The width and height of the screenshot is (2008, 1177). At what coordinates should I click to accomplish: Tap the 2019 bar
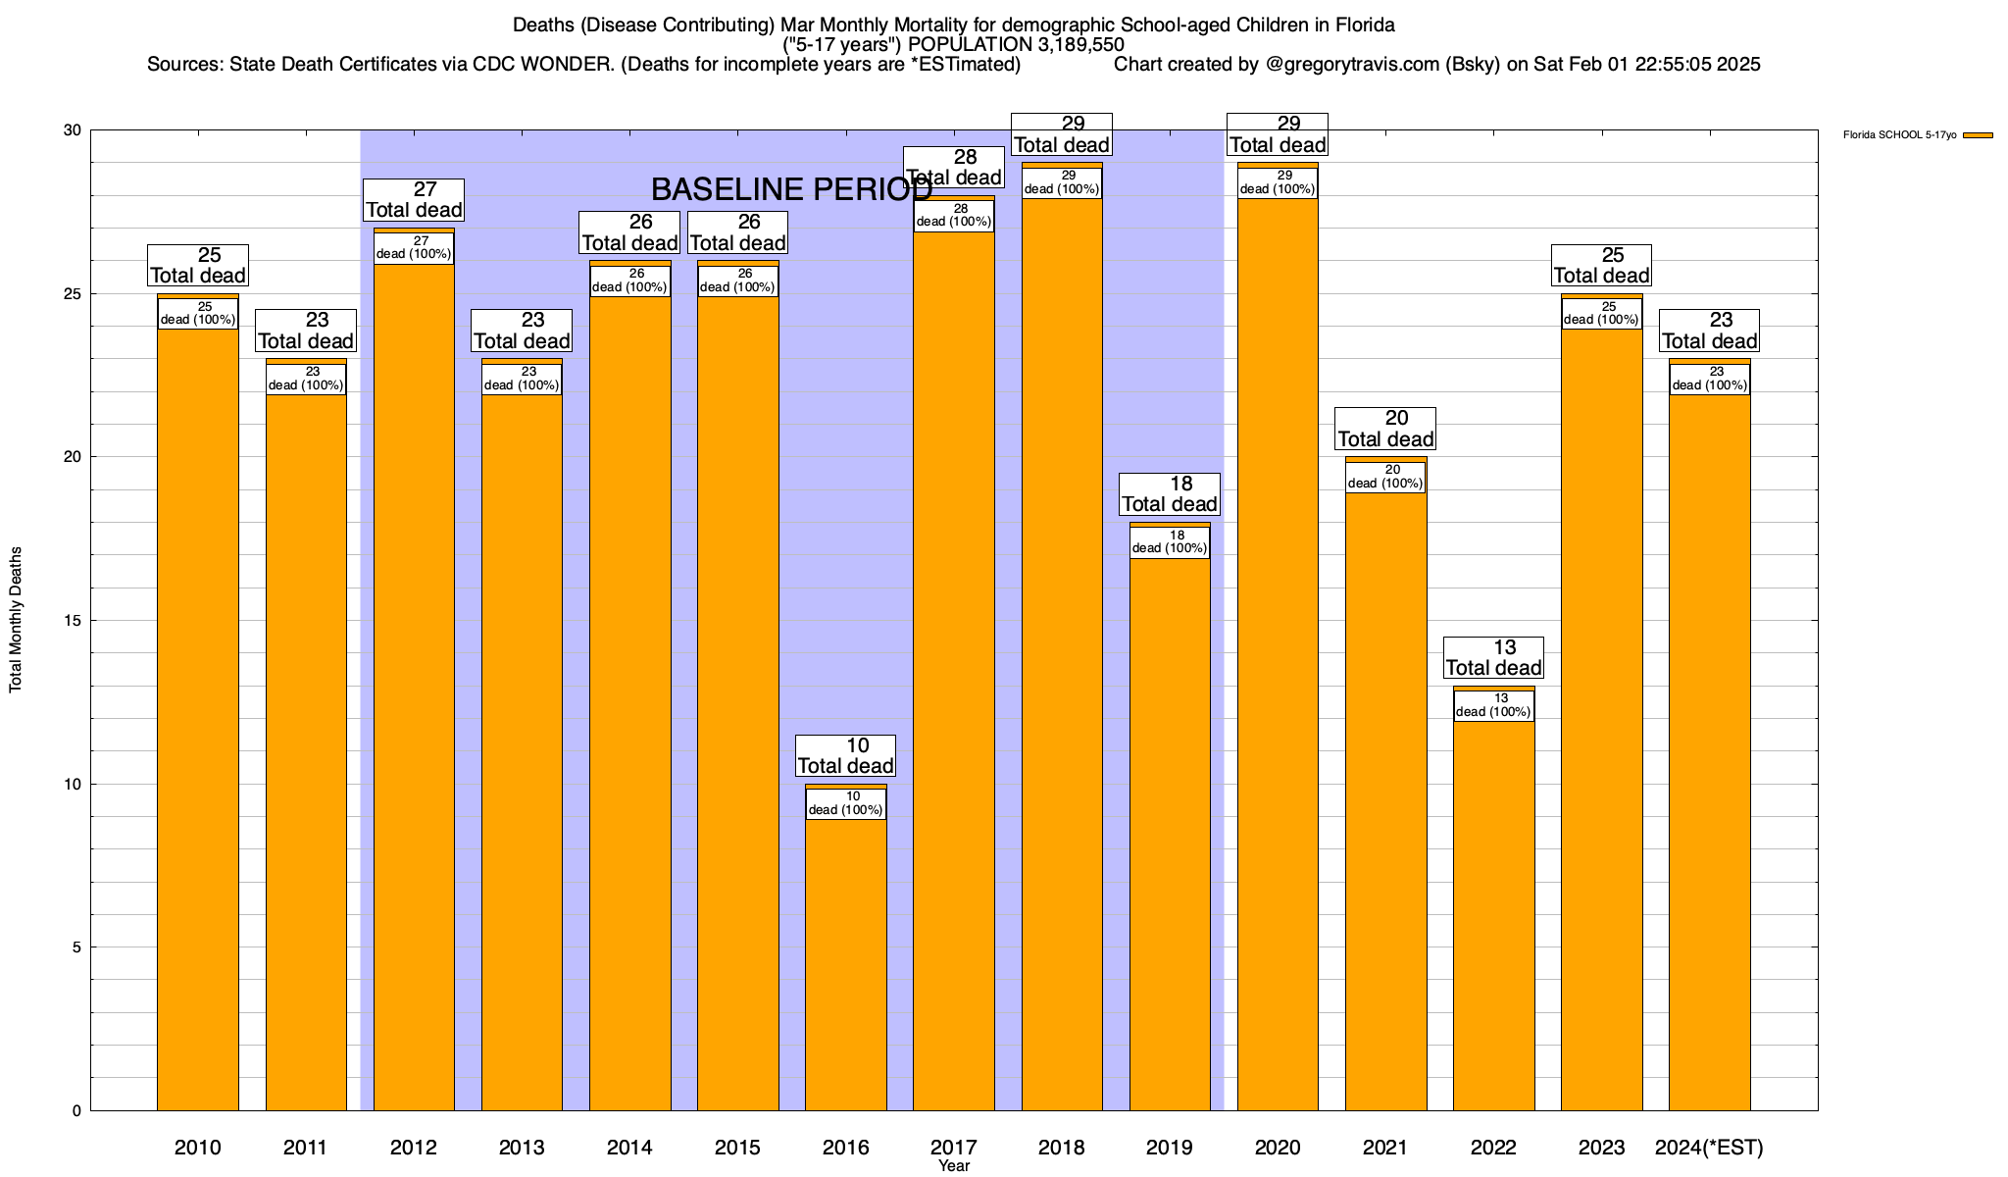point(1170,834)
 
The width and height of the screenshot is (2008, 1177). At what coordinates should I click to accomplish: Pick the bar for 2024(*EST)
point(1709,755)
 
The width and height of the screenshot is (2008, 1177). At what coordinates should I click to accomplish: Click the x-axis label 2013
point(522,1148)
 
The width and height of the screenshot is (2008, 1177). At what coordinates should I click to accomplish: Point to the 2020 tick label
point(1278,1148)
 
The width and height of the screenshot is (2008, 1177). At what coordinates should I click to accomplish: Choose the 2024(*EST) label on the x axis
point(1709,1148)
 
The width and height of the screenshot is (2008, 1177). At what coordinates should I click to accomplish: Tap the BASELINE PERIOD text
point(791,189)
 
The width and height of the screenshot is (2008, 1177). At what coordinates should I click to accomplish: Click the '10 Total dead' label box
point(845,755)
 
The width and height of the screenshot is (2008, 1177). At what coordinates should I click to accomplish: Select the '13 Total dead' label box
point(1493,657)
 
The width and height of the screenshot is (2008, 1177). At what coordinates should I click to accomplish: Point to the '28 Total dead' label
point(954,167)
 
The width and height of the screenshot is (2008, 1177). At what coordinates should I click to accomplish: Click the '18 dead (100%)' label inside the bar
point(1170,542)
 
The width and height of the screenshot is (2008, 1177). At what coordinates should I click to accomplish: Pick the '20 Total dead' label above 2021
point(1385,429)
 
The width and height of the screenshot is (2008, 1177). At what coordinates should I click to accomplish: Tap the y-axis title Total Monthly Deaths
point(16,620)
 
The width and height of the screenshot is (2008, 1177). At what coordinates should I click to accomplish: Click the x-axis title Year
point(953,1166)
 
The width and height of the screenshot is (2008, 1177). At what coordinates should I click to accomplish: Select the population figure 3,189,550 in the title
point(1067,44)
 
